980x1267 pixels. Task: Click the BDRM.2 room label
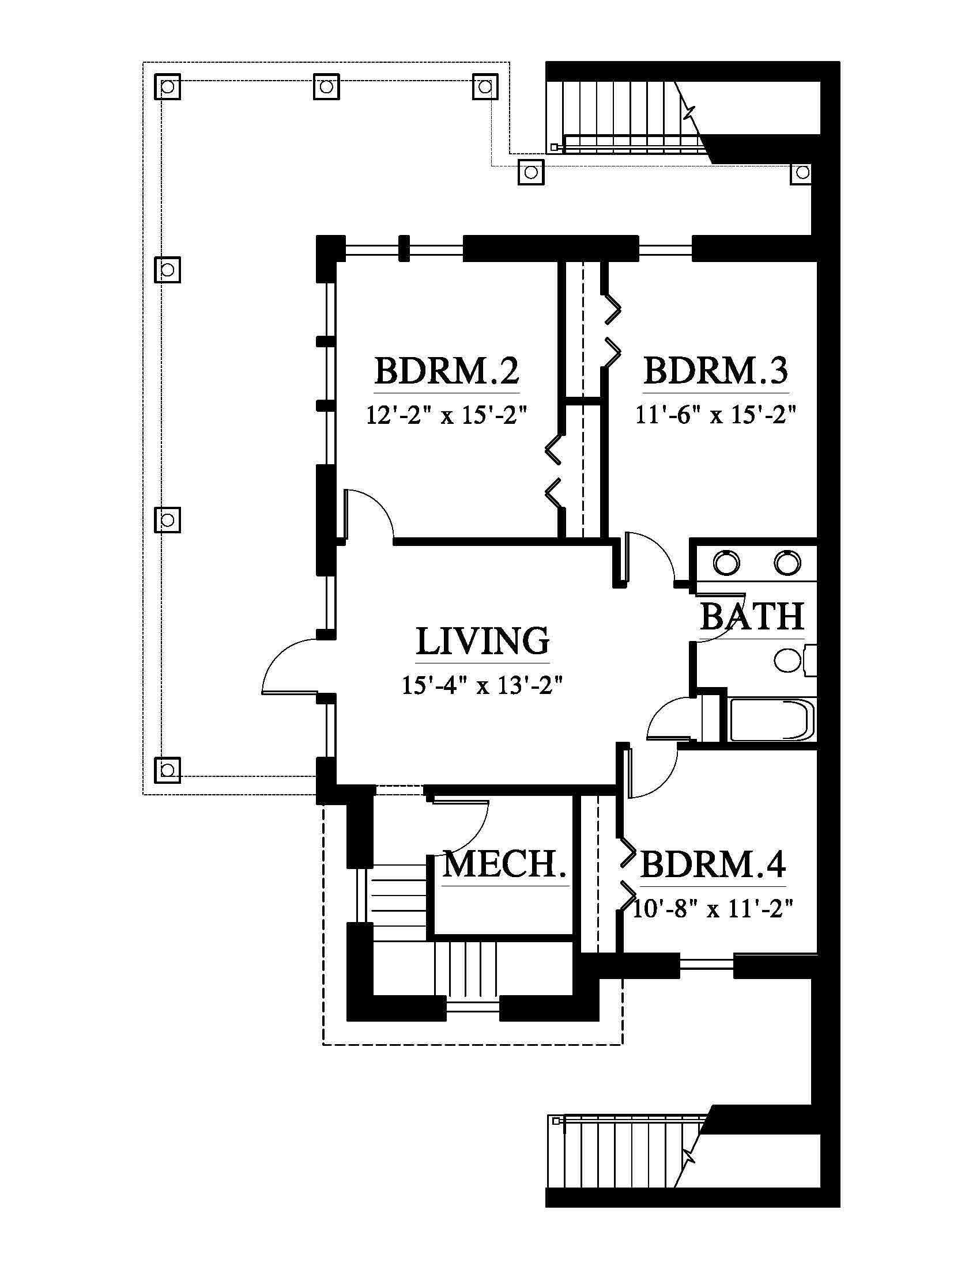(x=446, y=371)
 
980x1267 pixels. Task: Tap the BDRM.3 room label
(x=716, y=371)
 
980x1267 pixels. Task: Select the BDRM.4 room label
(x=713, y=864)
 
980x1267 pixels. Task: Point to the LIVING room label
(x=483, y=640)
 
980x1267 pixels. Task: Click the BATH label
(x=752, y=616)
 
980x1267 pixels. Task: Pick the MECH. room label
(x=504, y=864)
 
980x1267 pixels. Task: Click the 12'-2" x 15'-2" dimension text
(x=446, y=415)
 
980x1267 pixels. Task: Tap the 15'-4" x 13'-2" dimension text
(x=483, y=686)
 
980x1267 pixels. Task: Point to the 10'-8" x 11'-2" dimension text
(x=713, y=908)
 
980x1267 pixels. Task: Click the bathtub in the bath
(x=772, y=720)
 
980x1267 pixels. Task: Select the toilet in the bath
(x=794, y=660)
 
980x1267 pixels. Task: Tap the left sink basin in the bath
(x=727, y=563)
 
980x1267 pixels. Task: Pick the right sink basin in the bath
(x=787, y=563)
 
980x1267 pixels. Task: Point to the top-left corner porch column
(x=167, y=87)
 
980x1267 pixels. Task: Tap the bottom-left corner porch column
(x=167, y=770)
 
